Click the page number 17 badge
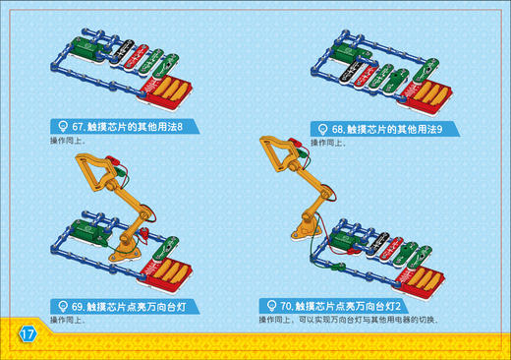pyautogui.click(x=27, y=334)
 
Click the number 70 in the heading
pyautogui.click(x=290, y=306)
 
